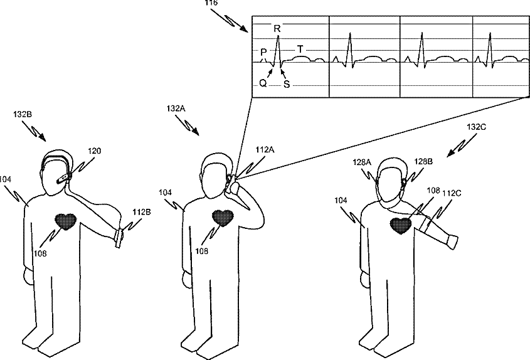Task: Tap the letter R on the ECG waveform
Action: coord(277,28)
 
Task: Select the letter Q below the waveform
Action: coord(263,82)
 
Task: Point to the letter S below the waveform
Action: coord(287,83)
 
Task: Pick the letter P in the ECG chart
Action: coord(263,52)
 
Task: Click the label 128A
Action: coord(362,162)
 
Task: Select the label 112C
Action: coord(453,193)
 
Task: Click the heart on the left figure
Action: coord(66,221)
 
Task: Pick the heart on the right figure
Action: coord(400,225)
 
